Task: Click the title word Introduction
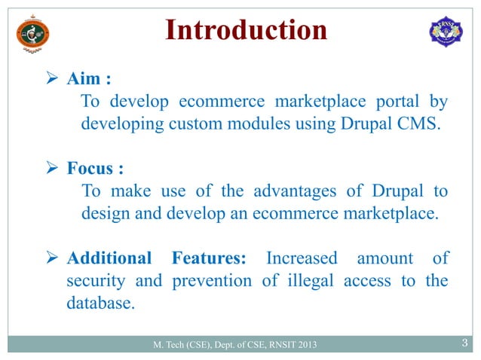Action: click(246, 31)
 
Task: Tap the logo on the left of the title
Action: click(32, 32)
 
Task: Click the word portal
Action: click(393, 101)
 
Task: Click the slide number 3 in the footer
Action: click(464, 345)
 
